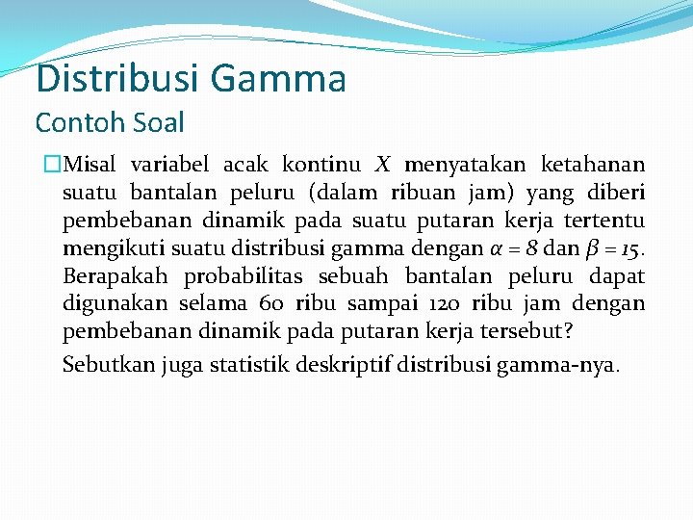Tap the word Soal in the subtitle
click(157, 123)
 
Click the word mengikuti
click(106, 249)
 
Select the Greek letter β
click(587, 250)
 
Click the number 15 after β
click(627, 249)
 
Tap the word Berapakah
click(115, 277)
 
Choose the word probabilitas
click(244, 277)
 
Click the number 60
click(271, 305)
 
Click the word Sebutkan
click(101, 366)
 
